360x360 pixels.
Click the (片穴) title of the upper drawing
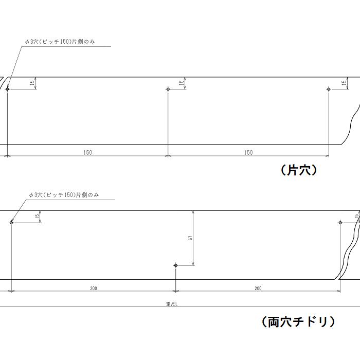[299, 170]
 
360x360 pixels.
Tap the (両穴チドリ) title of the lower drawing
[298, 322]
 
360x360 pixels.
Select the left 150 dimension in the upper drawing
[88, 152]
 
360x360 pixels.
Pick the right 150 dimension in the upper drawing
[248, 152]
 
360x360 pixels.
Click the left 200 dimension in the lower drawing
[94, 288]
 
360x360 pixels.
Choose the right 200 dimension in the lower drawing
[258, 288]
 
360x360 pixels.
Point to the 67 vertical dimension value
[190, 238]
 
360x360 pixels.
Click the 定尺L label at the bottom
[172, 304]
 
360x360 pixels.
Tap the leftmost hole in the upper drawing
[8, 89]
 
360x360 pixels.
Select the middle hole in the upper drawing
[168, 89]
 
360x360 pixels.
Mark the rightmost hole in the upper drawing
[329, 89]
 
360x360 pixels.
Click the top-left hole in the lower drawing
[11, 223]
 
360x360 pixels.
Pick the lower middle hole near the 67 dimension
[176, 265]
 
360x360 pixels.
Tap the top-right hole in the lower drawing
[340, 223]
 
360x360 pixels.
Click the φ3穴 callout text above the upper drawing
[60, 42]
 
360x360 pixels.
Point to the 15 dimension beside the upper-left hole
[32, 82]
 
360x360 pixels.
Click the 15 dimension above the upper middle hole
[182, 82]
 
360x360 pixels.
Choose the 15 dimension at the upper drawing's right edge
[344, 83]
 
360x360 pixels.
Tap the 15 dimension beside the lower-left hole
[37, 217]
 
